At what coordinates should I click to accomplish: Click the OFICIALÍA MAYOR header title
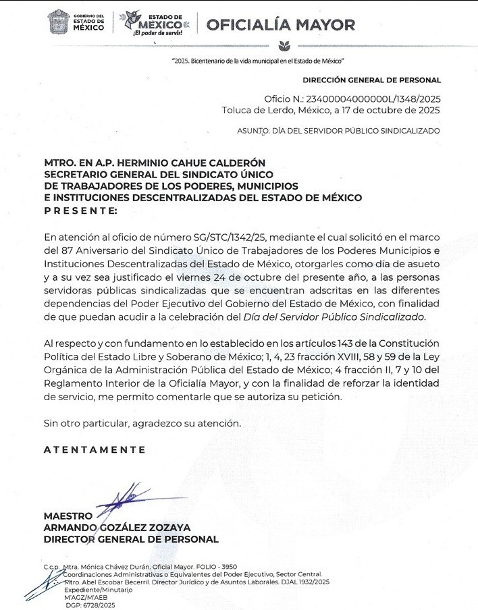click(x=280, y=25)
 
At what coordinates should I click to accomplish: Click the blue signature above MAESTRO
click(x=120, y=499)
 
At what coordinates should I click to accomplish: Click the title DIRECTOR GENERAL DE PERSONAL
click(x=131, y=539)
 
